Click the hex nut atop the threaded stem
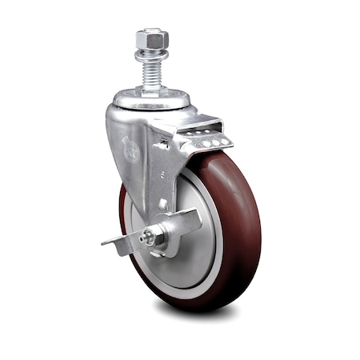(151, 38)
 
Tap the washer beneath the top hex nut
(151, 54)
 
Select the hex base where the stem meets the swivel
(151, 90)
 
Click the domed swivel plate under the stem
(151, 101)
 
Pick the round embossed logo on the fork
(130, 149)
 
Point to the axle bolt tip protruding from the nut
(145, 238)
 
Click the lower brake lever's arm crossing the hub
(182, 223)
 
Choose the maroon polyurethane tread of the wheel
(240, 240)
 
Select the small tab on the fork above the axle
(163, 205)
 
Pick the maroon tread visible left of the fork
(124, 208)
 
